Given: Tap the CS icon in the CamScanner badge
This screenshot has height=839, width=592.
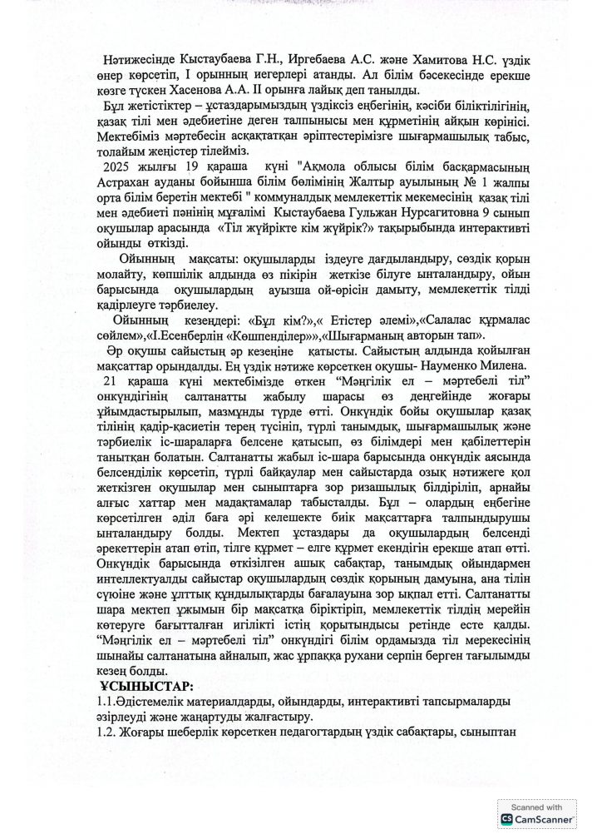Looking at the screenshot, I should click(506, 821).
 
